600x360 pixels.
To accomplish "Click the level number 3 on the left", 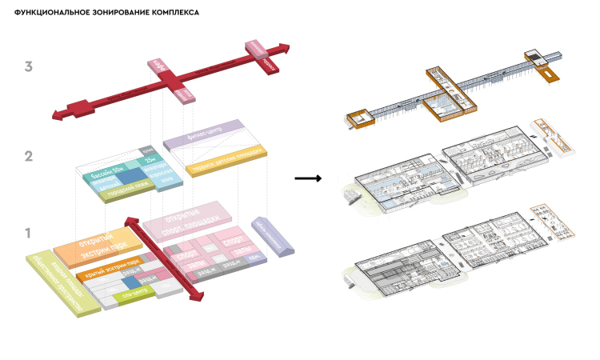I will pos(28,67).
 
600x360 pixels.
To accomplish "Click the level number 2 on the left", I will pos(28,156).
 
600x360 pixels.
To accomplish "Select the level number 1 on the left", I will pos(28,234).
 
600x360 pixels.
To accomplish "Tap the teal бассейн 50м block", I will pos(112,170).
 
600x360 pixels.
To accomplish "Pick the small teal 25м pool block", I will pos(150,162).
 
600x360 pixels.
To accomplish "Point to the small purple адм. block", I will pos(254,258).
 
